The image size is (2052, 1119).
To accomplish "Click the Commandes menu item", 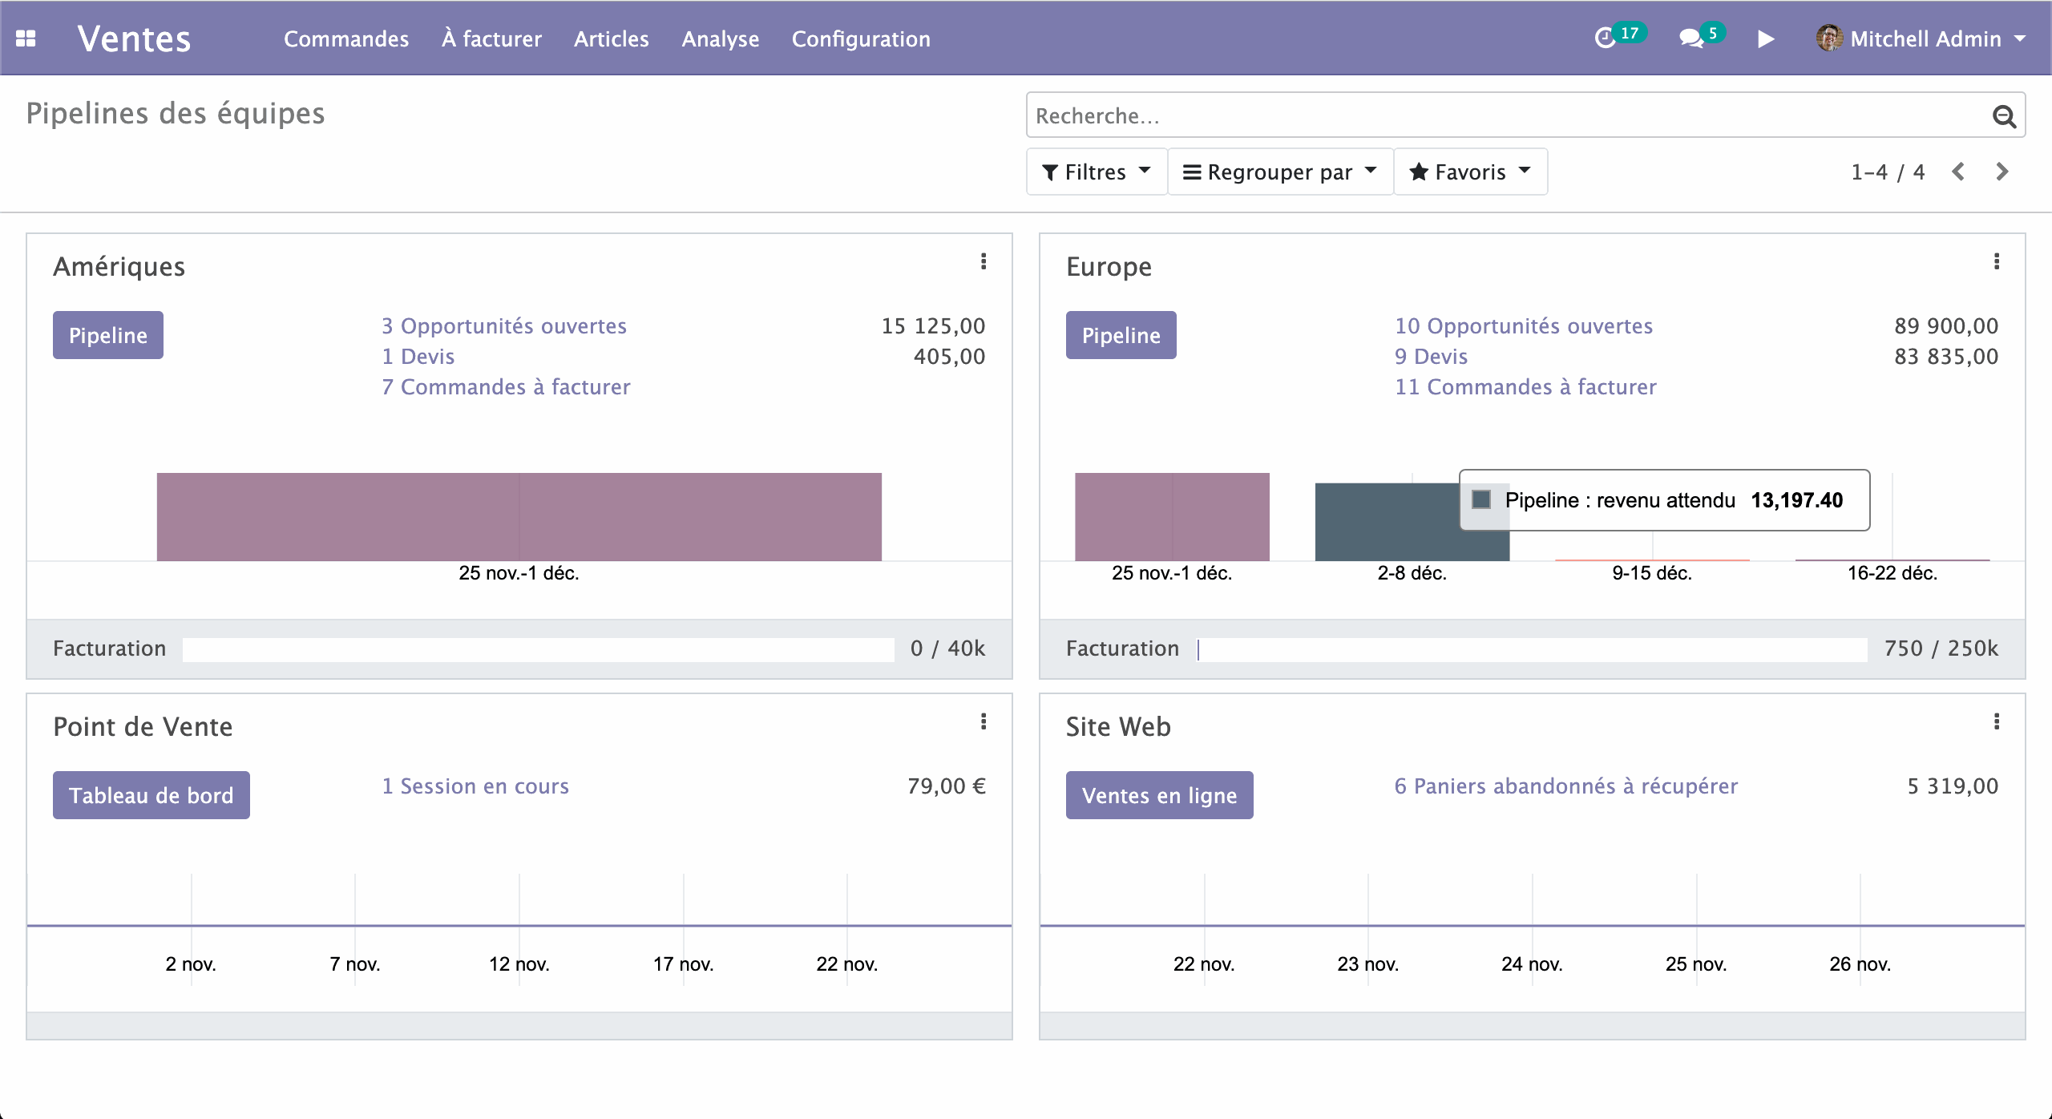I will pos(345,38).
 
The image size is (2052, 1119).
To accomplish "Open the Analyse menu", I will pos(720,38).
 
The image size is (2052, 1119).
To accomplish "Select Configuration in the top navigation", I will pos(861,38).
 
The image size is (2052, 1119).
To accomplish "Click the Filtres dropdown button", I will pos(1096,172).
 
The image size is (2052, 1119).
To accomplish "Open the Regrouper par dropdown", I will pos(1280,172).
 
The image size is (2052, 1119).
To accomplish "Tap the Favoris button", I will pos(1470,172).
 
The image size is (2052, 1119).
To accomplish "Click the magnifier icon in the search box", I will pos(2004,116).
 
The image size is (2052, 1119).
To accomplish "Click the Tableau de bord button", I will pos(151,795).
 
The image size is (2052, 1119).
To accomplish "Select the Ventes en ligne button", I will pos(1159,795).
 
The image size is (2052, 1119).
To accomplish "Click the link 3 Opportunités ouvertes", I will pos(504,326).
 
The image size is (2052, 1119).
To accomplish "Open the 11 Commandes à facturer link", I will pos(1525,387).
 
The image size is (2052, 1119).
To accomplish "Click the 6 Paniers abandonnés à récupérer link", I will pos(1566,786).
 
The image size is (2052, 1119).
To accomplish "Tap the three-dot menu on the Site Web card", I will pos(1997,721).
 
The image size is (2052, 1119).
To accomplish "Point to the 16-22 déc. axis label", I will pos(1892,573).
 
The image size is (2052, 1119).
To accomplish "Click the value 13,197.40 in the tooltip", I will pos(1796,500).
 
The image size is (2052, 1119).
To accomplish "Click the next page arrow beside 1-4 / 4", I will pos(2002,172).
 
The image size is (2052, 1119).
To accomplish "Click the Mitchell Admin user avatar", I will pos(1829,38).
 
